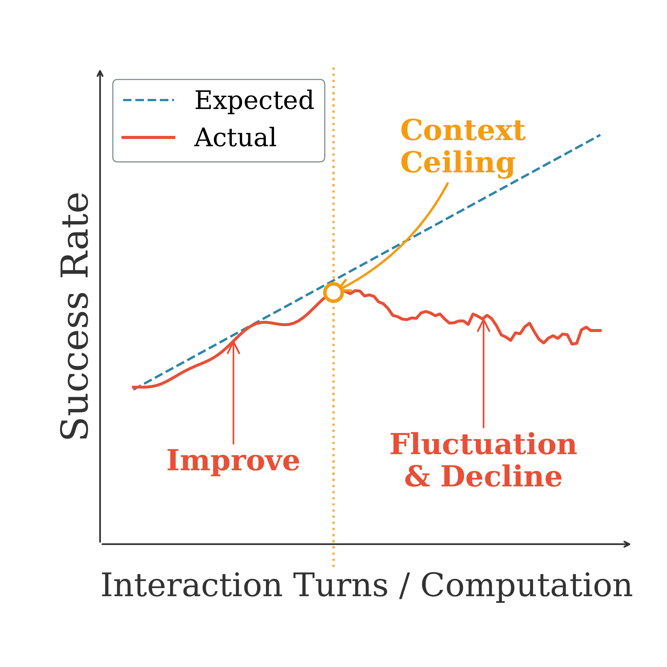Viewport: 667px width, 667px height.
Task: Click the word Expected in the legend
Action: (255, 100)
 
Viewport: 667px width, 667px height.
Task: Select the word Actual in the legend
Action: (235, 137)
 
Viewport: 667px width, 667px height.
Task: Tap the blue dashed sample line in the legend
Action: (148, 100)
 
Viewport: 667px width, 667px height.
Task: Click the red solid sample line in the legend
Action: (148, 137)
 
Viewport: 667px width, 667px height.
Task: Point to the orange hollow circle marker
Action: (333, 292)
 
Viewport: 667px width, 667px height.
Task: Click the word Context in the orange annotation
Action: (463, 131)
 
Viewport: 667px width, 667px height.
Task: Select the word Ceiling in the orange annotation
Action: (458, 162)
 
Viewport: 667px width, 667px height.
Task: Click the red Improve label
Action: (233, 461)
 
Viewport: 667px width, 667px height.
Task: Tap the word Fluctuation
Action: (483, 445)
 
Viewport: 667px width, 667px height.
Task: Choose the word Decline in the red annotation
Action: (501, 477)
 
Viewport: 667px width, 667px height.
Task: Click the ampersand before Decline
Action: (418, 477)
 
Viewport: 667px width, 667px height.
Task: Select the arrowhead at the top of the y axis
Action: (100, 73)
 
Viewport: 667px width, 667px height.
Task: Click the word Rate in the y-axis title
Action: (74, 235)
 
